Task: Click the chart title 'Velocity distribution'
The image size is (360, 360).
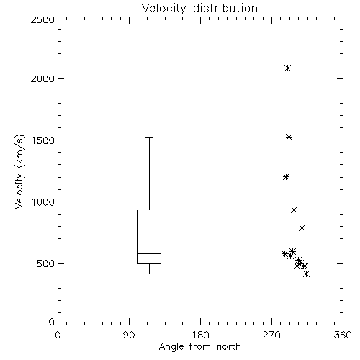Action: pos(199,9)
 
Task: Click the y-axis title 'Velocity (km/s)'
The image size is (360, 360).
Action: pos(19,171)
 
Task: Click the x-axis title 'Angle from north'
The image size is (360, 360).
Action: pos(199,347)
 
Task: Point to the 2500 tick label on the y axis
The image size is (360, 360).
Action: pos(42,19)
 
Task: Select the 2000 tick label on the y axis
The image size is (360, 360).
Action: pos(42,78)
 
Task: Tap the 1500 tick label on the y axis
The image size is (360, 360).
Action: pos(43,140)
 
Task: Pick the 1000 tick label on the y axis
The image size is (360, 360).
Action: pos(43,202)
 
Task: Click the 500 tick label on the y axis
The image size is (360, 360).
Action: pos(46,264)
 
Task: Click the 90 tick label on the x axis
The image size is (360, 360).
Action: pos(129,335)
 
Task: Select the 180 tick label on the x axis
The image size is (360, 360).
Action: pos(200,335)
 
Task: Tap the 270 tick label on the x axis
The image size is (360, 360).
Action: pos(271,335)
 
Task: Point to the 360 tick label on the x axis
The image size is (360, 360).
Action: pos(343,335)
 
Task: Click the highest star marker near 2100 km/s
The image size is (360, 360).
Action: pos(288,68)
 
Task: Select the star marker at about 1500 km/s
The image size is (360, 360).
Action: pos(289,138)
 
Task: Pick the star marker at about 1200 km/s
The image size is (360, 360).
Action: pos(286,177)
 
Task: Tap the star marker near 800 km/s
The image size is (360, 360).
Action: pos(302,228)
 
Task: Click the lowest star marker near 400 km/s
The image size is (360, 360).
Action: pos(306,274)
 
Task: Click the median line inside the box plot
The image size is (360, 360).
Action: pos(149,253)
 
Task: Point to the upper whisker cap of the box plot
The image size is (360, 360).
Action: pos(149,138)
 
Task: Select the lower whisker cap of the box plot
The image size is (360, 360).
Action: pos(149,274)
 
